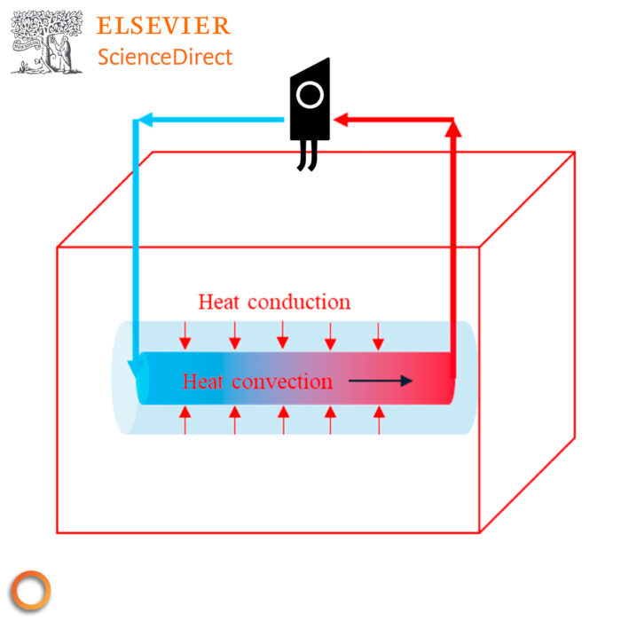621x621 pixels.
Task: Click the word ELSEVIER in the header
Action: (163, 26)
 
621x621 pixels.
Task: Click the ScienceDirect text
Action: (165, 58)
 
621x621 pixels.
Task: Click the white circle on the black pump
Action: (310, 95)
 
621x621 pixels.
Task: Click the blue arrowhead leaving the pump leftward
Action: (143, 120)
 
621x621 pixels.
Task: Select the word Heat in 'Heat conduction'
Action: (219, 302)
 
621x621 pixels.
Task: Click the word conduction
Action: (299, 302)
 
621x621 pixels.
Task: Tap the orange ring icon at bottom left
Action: (31, 590)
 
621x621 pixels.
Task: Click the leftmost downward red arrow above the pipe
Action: (186, 335)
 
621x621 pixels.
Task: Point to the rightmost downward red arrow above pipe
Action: (379, 335)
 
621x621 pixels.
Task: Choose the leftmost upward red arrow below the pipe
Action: (186, 420)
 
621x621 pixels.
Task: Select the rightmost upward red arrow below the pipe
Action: (379, 420)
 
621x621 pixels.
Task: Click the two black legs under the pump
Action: (307, 156)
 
